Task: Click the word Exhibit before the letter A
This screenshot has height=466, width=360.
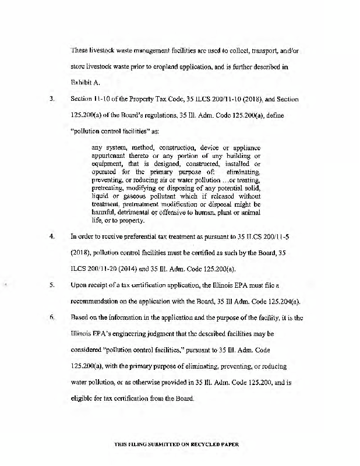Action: (x=80, y=83)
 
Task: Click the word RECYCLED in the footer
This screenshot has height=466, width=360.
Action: (x=206, y=444)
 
